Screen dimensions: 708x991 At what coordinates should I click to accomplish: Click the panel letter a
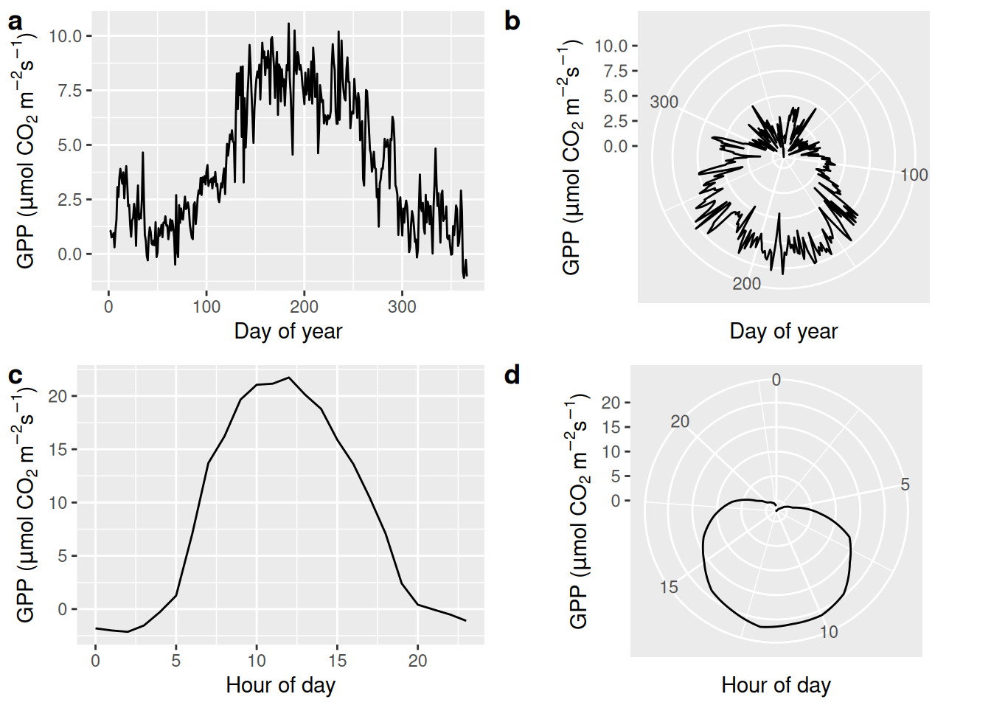(15, 22)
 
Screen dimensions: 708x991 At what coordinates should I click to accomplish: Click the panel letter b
(512, 21)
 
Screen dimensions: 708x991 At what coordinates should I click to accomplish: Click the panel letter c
(15, 375)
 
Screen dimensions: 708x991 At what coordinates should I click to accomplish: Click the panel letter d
(512, 375)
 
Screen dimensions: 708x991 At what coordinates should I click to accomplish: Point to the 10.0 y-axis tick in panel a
(66, 36)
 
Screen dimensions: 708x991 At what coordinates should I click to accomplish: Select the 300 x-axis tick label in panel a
(402, 307)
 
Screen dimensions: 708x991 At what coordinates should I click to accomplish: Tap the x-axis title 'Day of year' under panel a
(288, 331)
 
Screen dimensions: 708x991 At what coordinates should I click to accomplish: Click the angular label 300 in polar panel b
(664, 102)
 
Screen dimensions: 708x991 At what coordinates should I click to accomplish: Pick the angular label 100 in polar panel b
(914, 175)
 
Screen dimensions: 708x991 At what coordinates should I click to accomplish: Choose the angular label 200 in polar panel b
(746, 284)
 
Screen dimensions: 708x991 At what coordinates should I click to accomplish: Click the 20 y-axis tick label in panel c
(58, 396)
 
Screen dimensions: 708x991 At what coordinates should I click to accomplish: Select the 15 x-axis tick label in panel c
(337, 661)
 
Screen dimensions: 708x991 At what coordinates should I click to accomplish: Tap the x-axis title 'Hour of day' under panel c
(280, 685)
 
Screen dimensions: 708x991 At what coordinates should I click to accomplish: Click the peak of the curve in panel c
(289, 378)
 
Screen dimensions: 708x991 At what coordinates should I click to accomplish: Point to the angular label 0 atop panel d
(776, 380)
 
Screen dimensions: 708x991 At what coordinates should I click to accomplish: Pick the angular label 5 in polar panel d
(905, 485)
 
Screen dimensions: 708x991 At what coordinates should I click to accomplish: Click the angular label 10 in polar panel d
(829, 632)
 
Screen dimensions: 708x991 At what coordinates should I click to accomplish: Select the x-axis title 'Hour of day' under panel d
(776, 685)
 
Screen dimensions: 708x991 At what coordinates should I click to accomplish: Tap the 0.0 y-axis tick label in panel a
(70, 254)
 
